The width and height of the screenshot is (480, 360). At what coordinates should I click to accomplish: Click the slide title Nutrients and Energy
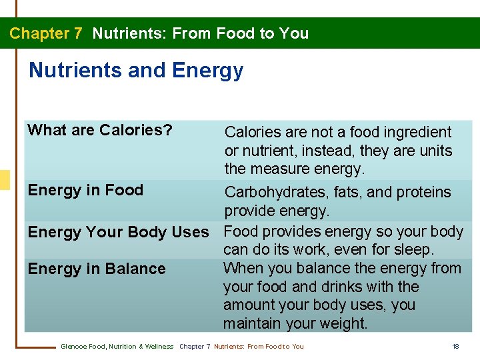136,70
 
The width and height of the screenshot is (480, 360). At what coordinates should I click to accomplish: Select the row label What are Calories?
100,130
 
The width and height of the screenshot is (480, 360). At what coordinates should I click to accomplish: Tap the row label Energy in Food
85,190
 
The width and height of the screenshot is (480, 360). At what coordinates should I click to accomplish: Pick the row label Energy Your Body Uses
118,232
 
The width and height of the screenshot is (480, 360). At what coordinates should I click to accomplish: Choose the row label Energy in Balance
96,269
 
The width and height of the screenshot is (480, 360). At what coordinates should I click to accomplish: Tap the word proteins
423,193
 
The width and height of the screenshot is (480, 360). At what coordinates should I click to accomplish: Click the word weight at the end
343,324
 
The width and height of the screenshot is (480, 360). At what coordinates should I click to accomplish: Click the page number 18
455,347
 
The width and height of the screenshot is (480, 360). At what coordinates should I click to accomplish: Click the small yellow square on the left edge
5,180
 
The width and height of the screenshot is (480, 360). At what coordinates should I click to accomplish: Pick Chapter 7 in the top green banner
46,33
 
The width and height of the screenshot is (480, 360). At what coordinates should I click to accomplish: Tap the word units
436,151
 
